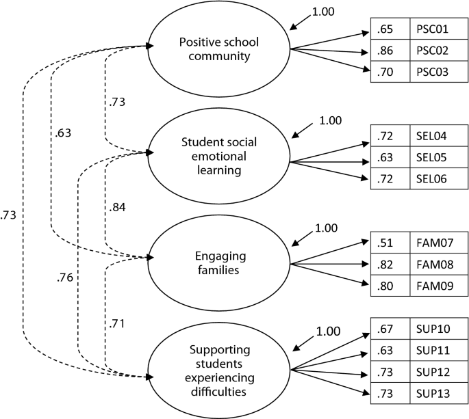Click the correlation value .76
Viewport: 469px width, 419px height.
coord(66,278)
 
